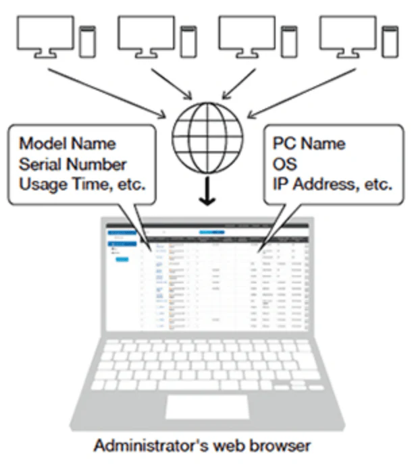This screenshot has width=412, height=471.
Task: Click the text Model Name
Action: (x=67, y=144)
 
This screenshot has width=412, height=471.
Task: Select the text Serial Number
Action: (x=72, y=164)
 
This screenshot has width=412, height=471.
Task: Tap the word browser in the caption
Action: (x=284, y=447)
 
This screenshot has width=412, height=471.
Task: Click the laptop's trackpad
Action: (x=205, y=406)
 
